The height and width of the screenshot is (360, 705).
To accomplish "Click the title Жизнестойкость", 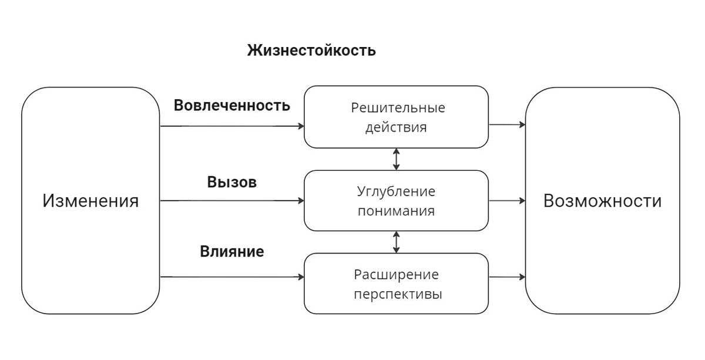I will pos(311,51).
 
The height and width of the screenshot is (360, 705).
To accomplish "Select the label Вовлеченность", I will pos(232,106).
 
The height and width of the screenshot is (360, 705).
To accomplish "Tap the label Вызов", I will pos(232,182).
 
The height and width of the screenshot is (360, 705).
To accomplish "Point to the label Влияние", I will pos(232,252).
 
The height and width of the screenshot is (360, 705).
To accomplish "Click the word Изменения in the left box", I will pos(90,201).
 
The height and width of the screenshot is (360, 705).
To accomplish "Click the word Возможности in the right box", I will pos(602,201).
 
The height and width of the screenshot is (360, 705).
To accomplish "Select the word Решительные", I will pos(398,108).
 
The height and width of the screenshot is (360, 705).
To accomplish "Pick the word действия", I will pos(396,127).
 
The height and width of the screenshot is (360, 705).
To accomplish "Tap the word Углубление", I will pos(396,192).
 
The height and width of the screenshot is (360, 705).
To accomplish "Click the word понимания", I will pos(396,211).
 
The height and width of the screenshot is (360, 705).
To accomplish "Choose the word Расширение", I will pos(396,275).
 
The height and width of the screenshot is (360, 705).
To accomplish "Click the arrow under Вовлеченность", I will pos(232,126).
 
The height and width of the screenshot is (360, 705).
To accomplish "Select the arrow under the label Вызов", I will pos(232,201).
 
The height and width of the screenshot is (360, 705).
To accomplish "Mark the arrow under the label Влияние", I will pos(232,277).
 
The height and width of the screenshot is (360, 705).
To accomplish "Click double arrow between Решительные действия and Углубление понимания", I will pos(397,159).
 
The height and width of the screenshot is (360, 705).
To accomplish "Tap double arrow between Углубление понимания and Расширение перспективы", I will pos(397,242).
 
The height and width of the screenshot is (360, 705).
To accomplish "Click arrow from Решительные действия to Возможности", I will pos(507,125).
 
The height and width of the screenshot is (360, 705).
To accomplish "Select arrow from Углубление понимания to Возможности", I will pos(507,201).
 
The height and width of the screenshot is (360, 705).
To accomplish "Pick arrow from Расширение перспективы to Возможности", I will pos(507,277).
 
